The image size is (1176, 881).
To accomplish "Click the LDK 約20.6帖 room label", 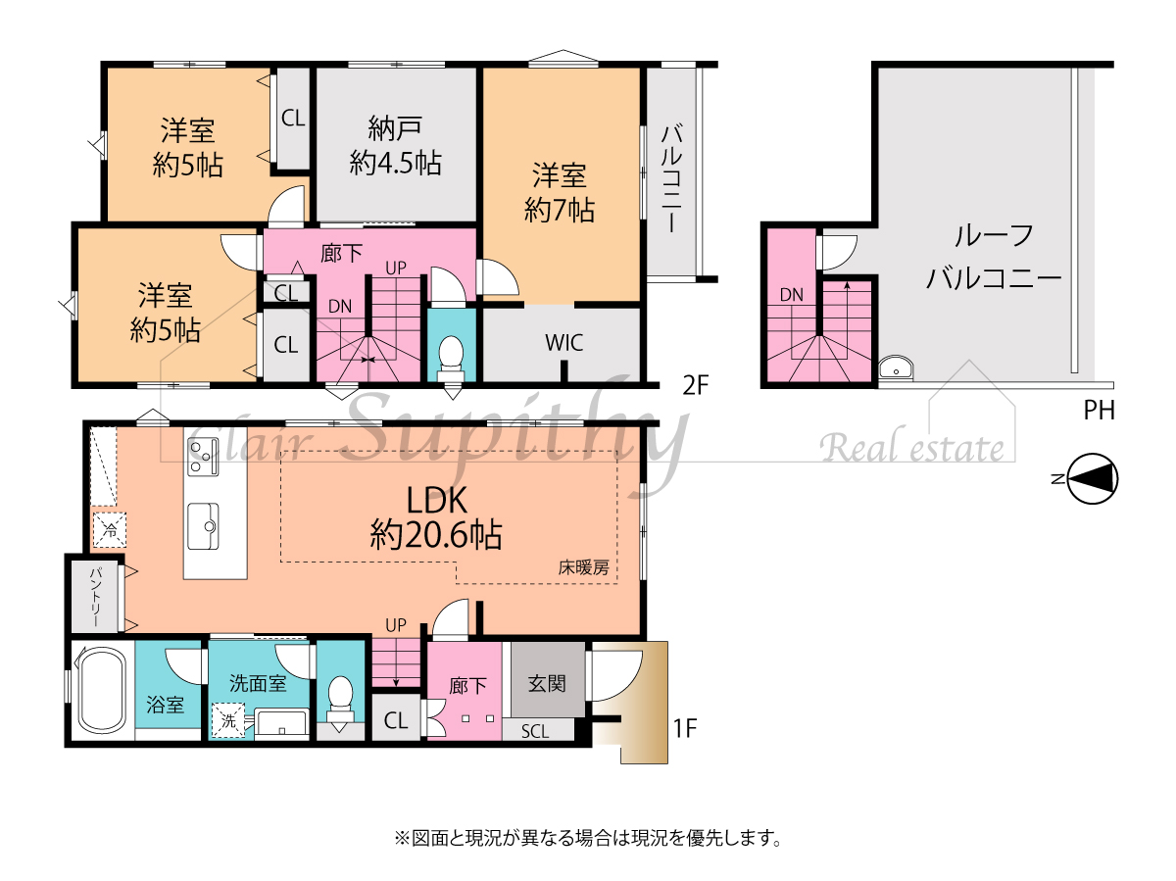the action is pyautogui.click(x=436, y=517).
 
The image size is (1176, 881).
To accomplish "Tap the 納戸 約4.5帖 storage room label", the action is pyautogui.click(x=395, y=146).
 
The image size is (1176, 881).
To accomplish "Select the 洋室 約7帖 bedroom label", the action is pyautogui.click(x=560, y=192).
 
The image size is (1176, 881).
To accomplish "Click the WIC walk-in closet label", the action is pyautogui.click(x=563, y=343).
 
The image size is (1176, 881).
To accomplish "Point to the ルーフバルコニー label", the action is pyautogui.click(x=994, y=257).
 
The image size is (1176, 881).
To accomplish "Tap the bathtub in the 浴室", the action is pyautogui.click(x=104, y=690).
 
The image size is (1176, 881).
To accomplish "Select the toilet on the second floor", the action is pyautogui.click(x=451, y=354).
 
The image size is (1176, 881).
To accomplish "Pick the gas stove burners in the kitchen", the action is pyautogui.click(x=203, y=457).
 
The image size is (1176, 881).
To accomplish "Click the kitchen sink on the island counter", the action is pyautogui.click(x=203, y=526).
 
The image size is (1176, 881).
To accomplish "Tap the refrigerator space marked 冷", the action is pyautogui.click(x=110, y=530).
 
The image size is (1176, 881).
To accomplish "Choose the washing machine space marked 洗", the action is pyautogui.click(x=228, y=720).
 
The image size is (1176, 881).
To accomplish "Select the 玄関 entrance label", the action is pyautogui.click(x=547, y=684).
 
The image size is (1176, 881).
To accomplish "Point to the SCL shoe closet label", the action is pyautogui.click(x=535, y=732).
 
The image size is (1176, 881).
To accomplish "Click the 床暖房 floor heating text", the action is pyautogui.click(x=583, y=567).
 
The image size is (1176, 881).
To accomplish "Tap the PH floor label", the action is pyautogui.click(x=1100, y=411).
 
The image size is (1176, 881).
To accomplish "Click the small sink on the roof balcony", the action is pyautogui.click(x=896, y=368).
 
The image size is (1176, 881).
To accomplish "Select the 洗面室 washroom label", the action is pyautogui.click(x=258, y=683).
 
